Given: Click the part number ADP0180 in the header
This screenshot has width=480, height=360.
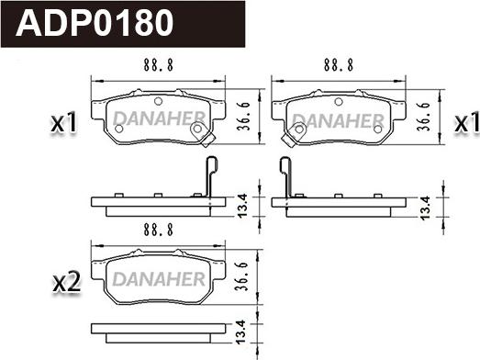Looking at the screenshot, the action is click(95, 23).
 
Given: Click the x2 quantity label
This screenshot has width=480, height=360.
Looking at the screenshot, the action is click(67, 282).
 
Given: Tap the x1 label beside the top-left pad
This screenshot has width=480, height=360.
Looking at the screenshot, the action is click(64, 122).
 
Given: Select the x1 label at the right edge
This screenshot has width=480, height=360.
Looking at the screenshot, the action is click(466, 122).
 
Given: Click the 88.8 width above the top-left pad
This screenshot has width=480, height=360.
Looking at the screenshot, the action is click(158, 65).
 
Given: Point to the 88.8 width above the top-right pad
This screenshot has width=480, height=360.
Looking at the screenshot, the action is click(339, 65).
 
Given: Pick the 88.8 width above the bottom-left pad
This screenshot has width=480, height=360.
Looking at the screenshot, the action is click(158, 230).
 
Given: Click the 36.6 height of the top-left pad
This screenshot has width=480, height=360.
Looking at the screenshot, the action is click(244, 117).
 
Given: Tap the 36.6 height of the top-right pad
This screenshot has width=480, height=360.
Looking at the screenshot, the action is click(424, 117).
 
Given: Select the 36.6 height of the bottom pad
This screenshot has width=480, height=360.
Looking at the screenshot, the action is click(241, 276).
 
